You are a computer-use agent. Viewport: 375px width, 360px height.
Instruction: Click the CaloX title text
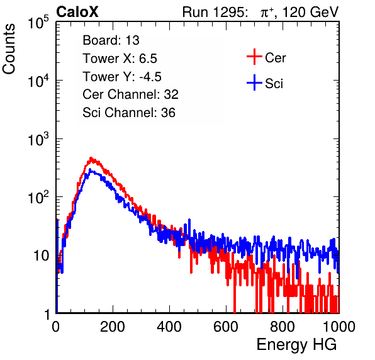pyautogui.click(x=77, y=12)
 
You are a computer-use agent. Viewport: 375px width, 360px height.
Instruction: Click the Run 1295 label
pyautogui.click(x=215, y=12)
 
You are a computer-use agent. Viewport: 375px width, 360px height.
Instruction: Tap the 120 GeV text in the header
pyautogui.click(x=310, y=12)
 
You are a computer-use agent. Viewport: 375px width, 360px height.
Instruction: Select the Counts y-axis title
pyautogui.click(x=9, y=49)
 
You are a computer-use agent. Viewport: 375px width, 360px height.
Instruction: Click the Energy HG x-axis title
pyautogui.click(x=296, y=345)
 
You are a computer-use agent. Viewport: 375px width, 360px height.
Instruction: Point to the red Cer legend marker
pyautogui.click(x=254, y=57)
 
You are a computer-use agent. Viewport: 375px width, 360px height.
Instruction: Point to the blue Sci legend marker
pyautogui.click(x=254, y=82)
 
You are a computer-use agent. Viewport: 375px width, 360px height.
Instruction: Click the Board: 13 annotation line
pyautogui.click(x=111, y=40)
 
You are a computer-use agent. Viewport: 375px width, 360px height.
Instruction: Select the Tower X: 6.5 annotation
pyautogui.click(x=120, y=59)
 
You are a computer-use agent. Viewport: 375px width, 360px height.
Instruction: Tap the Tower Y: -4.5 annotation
pyautogui.click(x=122, y=77)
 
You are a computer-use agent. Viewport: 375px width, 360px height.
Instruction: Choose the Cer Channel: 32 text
pyautogui.click(x=131, y=94)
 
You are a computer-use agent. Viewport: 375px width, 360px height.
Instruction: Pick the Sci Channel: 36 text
pyautogui.click(x=129, y=113)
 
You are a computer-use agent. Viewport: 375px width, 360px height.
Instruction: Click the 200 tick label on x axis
pyautogui.click(x=113, y=327)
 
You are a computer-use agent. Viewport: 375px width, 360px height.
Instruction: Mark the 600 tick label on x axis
pyautogui.click(x=226, y=327)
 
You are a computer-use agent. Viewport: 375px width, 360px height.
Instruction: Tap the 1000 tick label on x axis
pyautogui.click(x=339, y=327)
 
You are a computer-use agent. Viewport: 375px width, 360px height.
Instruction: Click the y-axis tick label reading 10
pyautogui.click(x=41, y=256)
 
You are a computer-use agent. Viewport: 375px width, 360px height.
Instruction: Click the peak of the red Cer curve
pyautogui.click(x=91, y=158)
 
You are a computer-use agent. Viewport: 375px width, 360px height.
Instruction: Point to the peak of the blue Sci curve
pyautogui.click(x=90, y=169)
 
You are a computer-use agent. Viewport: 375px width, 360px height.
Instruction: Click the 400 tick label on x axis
pyautogui.click(x=169, y=327)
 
